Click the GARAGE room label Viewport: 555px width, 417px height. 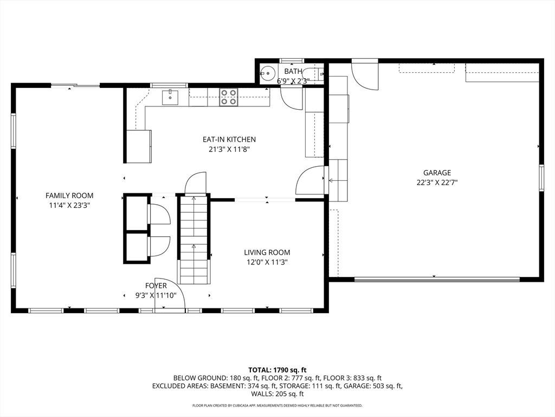tap(437, 173)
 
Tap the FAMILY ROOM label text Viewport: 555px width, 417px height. tap(69, 195)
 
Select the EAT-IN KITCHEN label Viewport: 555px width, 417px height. tap(229, 140)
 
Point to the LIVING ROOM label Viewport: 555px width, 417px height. tap(267, 252)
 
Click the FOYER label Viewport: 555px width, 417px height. tap(156, 286)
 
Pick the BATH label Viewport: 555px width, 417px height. tap(293, 71)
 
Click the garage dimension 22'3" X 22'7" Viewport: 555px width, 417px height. tap(437, 182)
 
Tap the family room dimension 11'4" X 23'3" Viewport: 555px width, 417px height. tap(69, 205)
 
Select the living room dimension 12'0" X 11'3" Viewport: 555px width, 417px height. tap(267, 262)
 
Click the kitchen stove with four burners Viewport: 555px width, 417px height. tap(228, 97)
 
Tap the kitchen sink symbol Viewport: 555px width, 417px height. tap(170, 98)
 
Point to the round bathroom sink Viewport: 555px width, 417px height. tap(268, 74)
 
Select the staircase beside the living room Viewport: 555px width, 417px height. tap(193, 240)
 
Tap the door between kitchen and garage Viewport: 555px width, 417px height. tap(310, 180)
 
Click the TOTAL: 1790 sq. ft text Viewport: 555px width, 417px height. tap(277, 370)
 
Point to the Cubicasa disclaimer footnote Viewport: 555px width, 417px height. tap(277, 405)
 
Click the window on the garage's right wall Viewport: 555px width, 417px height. tap(541, 178)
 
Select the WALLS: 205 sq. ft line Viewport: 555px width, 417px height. tap(277, 394)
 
